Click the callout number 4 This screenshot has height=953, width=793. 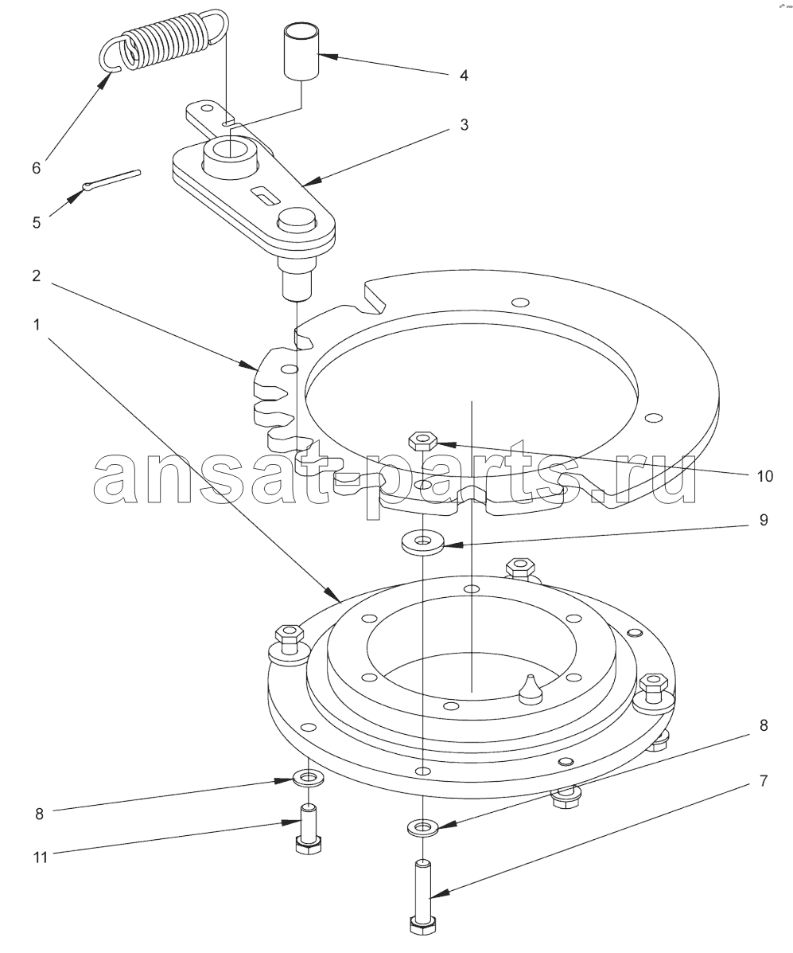tap(463, 76)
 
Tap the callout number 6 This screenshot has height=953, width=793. tap(36, 168)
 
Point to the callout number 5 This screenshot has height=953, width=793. tap(36, 222)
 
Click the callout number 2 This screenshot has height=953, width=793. tap(36, 275)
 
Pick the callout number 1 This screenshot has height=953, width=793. tap(37, 325)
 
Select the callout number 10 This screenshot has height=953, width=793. tap(765, 476)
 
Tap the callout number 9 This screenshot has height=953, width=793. tap(764, 520)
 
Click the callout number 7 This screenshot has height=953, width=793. tap(764, 780)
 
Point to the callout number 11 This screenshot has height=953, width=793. tap(40, 857)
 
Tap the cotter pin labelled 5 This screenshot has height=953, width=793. tap(111, 181)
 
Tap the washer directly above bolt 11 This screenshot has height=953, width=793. tap(309, 777)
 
